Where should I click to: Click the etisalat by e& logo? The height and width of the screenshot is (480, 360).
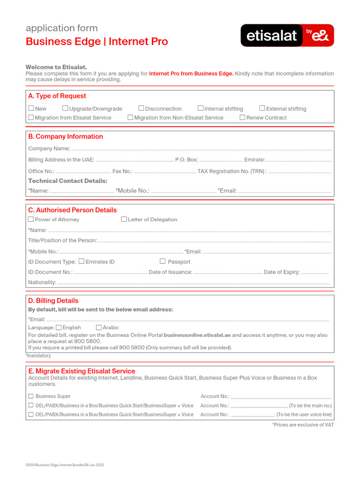pyautogui.click(x=287, y=36)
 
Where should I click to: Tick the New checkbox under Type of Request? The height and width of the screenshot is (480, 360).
pyautogui.click(x=31, y=108)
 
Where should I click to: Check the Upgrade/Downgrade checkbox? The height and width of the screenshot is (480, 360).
pyautogui.click(x=66, y=108)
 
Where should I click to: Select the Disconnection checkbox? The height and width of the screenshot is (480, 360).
pyautogui.click(x=141, y=108)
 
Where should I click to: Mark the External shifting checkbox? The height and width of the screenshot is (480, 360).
pyautogui.click(x=262, y=108)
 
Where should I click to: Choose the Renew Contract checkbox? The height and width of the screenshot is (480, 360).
pyautogui.click(x=242, y=117)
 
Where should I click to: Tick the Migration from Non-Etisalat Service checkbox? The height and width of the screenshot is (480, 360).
pyautogui.click(x=130, y=117)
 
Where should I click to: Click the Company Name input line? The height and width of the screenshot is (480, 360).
pyautogui.click(x=201, y=150)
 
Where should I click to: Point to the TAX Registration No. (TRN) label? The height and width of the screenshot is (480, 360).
pyautogui.click(x=232, y=172)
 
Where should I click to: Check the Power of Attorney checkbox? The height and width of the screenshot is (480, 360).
pyautogui.click(x=31, y=219)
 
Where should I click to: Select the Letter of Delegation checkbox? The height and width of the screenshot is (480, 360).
pyautogui.click(x=124, y=219)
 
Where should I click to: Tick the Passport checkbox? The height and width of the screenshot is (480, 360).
pyautogui.click(x=163, y=261)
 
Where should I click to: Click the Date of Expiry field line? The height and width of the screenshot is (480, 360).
pyautogui.click(x=315, y=273)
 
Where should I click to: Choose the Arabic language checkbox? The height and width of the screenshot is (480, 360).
pyautogui.click(x=98, y=327)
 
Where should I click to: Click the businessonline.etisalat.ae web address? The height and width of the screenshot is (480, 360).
pyautogui.click(x=197, y=335)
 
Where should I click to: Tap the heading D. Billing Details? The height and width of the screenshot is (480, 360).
pyautogui.click(x=53, y=300)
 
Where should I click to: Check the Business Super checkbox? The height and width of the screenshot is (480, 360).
pyautogui.click(x=31, y=396)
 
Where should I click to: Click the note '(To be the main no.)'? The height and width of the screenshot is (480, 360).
pyautogui.click(x=310, y=405)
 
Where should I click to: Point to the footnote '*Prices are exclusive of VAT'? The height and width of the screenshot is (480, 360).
pyautogui.click(x=303, y=425)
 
